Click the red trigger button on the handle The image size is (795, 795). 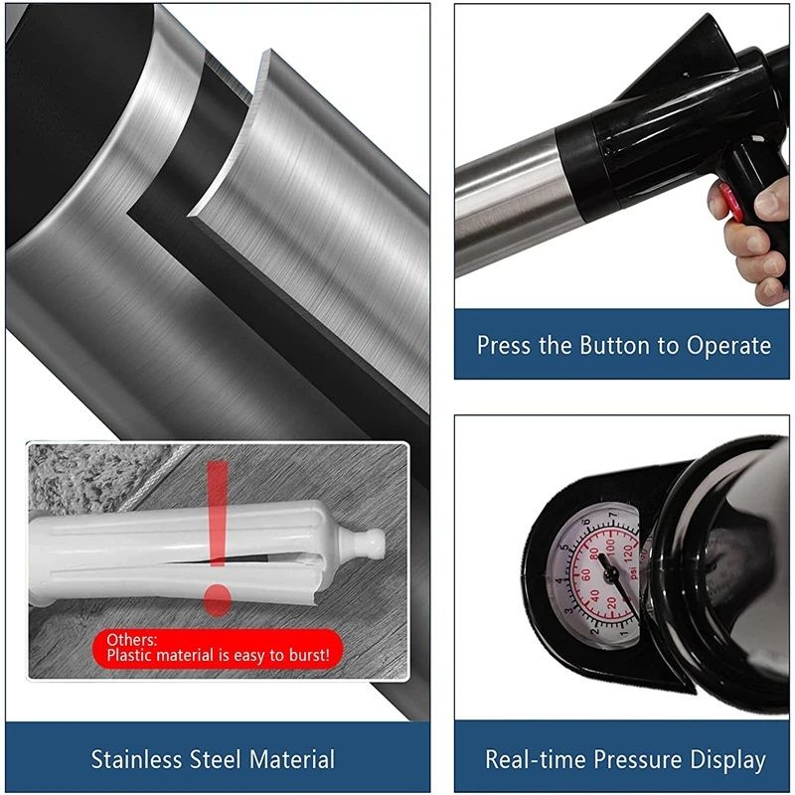pyautogui.click(x=730, y=203)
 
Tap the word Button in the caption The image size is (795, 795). pyautogui.click(x=614, y=345)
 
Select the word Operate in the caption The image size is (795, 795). pyautogui.click(x=728, y=346)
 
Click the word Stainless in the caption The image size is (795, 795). pyautogui.click(x=136, y=759)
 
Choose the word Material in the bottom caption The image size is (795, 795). pyautogui.click(x=292, y=759)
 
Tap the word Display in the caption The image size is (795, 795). pyautogui.click(x=728, y=760)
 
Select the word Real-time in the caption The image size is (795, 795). pyautogui.click(x=536, y=759)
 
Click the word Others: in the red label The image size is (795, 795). pyautogui.click(x=132, y=639)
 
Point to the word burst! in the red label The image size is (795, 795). pyautogui.click(x=309, y=655)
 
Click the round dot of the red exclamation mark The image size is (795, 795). pyautogui.click(x=218, y=600)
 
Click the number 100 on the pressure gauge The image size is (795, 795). pyautogui.click(x=610, y=546)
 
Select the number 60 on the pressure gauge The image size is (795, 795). pyautogui.click(x=585, y=575)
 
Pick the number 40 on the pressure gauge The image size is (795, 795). pyautogui.click(x=594, y=595)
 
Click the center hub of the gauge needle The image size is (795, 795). pyautogui.click(x=611, y=575)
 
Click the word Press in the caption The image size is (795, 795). pyautogui.click(x=505, y=345)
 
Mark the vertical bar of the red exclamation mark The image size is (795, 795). pyautogui.click(x=218, y=513)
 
